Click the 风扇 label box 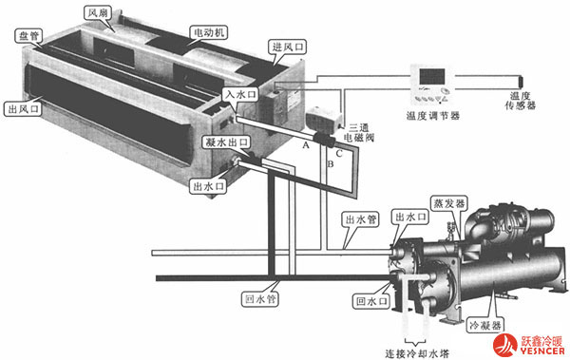(x=99, y=14)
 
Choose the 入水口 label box (x=237, y=94)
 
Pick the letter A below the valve (x=306, y=145)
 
